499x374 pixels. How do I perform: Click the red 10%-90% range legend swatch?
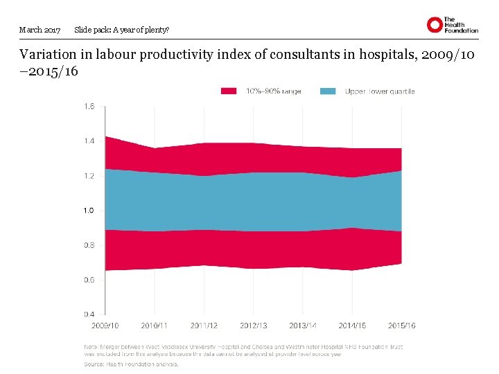click(229, 91)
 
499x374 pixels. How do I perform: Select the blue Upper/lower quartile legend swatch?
click(329, 91)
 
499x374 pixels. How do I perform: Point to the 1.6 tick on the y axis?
click(89, 107)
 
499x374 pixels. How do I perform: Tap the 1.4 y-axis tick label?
click(89, 141)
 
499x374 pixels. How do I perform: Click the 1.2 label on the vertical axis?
click(89, 176)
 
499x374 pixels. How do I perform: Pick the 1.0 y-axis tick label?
click(89, 211)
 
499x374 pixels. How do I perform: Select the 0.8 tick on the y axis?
click(89, 245)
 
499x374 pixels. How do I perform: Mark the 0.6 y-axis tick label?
click(89, 280)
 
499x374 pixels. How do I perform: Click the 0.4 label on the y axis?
click(89, 314)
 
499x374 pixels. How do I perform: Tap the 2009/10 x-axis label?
click(105, 326)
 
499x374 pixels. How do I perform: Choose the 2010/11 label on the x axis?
click(155, 326)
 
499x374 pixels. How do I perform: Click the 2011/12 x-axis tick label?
click(204, 326)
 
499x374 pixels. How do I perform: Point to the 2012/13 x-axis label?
click(254, 326)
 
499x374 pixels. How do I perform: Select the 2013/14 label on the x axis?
click(303, 326)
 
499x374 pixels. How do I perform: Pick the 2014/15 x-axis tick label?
click(353, 326)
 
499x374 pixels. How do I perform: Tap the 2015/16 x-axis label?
click(402, 326)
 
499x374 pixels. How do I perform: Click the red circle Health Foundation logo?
click(435, 26)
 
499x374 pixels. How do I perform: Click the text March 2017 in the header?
click(40, 30)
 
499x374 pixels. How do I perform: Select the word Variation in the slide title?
click(48, 55)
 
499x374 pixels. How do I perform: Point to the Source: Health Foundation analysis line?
click(131, 364)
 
